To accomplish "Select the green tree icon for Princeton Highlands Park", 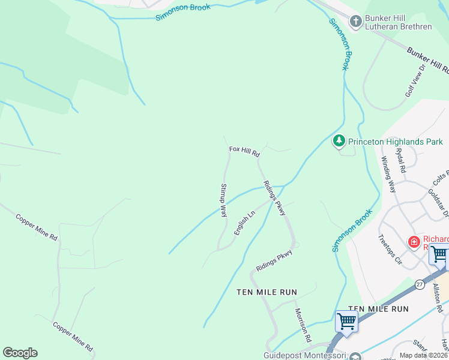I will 339,141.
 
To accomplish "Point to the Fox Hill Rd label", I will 244,151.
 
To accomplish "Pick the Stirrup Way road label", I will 223,200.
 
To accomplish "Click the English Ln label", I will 245,223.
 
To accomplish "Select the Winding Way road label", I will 389,174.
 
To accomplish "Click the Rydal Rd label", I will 402,160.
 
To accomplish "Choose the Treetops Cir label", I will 390,250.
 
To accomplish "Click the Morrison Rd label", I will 303,325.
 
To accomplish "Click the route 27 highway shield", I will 419,283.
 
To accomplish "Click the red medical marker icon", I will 414,242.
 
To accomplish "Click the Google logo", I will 20,353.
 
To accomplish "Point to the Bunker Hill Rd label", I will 429,59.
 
